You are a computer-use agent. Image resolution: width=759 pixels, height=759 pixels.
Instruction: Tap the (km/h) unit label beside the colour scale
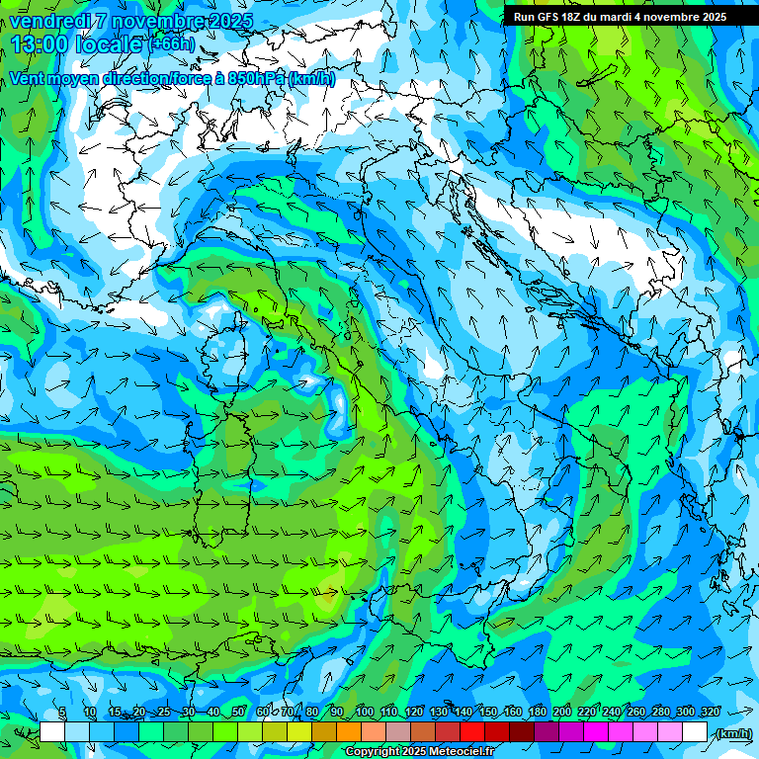click(732, 732)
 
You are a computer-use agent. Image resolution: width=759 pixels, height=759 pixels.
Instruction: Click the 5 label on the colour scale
click(62, 713)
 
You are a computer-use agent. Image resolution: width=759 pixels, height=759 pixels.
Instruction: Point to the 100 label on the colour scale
click(364, 713)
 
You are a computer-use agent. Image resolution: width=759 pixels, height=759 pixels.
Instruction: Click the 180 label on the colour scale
click(537, 713)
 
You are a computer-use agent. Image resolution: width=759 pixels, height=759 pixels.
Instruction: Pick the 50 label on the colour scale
click(238, 713)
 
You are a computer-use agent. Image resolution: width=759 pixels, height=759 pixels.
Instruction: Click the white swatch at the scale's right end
click(695, 732)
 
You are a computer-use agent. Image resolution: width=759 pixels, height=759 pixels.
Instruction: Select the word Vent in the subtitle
click(28, 78)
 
